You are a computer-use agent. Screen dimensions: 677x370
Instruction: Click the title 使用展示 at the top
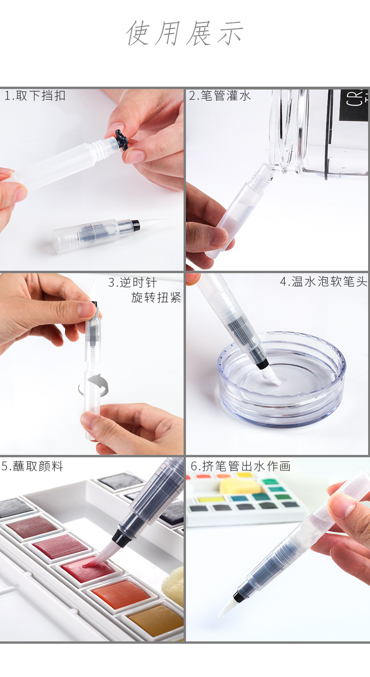(x=185, y=33)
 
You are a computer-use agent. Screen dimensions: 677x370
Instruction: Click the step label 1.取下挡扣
(x=35, y=96)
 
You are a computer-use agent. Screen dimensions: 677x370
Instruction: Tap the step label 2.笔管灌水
(x=220, y=96)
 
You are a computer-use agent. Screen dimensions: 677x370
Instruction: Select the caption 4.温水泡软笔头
(x=324, y=282)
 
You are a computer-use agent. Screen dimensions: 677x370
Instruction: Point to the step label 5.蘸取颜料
(x=32, y=467)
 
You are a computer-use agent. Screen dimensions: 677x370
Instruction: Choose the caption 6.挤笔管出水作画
(x=241, y=466)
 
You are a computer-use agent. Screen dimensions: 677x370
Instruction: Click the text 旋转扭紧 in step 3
(x=156, y=298)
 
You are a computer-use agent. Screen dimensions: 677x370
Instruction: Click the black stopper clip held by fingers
(x=122, y=140)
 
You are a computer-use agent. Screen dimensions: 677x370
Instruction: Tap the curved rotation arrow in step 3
(x=94, y=386)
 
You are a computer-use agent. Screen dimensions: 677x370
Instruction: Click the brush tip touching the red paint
(x=94, y=560)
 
